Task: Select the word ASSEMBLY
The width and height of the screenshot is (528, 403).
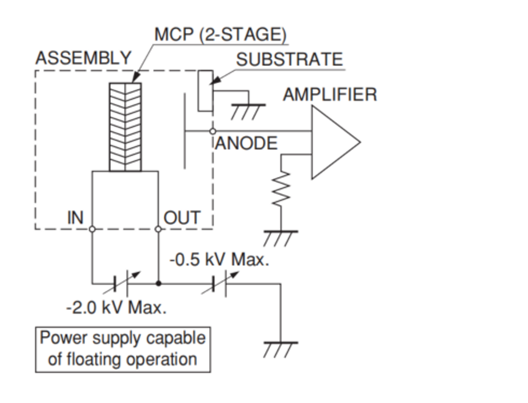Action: click(83, 58)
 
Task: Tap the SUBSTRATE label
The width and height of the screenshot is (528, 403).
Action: click(289, 59)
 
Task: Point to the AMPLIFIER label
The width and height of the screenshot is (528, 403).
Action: click(330, 95)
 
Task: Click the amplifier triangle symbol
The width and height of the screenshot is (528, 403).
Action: click(332, 142)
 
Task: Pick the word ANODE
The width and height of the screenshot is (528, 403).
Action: click(246, 143)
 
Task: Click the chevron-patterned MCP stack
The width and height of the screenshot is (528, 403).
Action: click(125, 126)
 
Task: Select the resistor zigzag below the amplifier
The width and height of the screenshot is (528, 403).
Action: click(281, 188)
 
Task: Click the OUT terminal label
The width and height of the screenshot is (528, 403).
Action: click(182, 218)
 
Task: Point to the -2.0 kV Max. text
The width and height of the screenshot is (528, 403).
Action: click(116, 307)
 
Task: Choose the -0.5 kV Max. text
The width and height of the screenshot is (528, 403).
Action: click(219, 260)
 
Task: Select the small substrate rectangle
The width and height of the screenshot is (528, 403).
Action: click(205, 90)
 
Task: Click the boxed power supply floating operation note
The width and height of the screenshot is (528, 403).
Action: click(122, 349)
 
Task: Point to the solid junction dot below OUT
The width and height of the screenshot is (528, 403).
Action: click(159, 284)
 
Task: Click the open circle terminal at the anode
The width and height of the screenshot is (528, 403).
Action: click(213, 130)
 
